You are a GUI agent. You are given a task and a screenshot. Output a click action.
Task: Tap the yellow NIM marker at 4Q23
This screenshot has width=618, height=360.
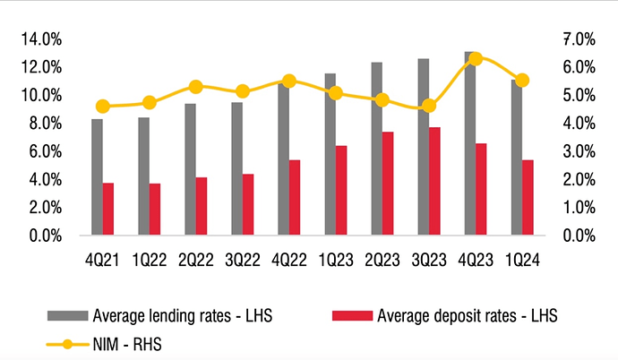[x=476, y=58]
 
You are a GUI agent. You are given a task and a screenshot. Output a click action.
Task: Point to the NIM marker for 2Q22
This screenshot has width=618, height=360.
[x=195, y=87]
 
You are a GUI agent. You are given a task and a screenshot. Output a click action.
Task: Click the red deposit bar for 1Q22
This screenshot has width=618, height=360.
[x=155, y=210]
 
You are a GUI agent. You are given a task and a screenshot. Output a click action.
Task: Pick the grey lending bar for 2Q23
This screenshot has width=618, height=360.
[x=376, y=149]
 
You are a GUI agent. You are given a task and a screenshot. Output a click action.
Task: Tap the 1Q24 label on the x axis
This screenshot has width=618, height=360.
[x=522, y=259]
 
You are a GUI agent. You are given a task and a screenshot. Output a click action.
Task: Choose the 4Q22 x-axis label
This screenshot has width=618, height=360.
[x=289, y=259]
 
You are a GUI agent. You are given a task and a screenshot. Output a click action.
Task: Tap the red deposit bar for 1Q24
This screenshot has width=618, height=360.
[x=528, y=198]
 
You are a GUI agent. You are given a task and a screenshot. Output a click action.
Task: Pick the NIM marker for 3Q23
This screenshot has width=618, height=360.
[x=429, y=106]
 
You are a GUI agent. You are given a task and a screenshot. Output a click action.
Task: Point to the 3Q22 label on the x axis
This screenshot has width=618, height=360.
[x=243, y=259]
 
